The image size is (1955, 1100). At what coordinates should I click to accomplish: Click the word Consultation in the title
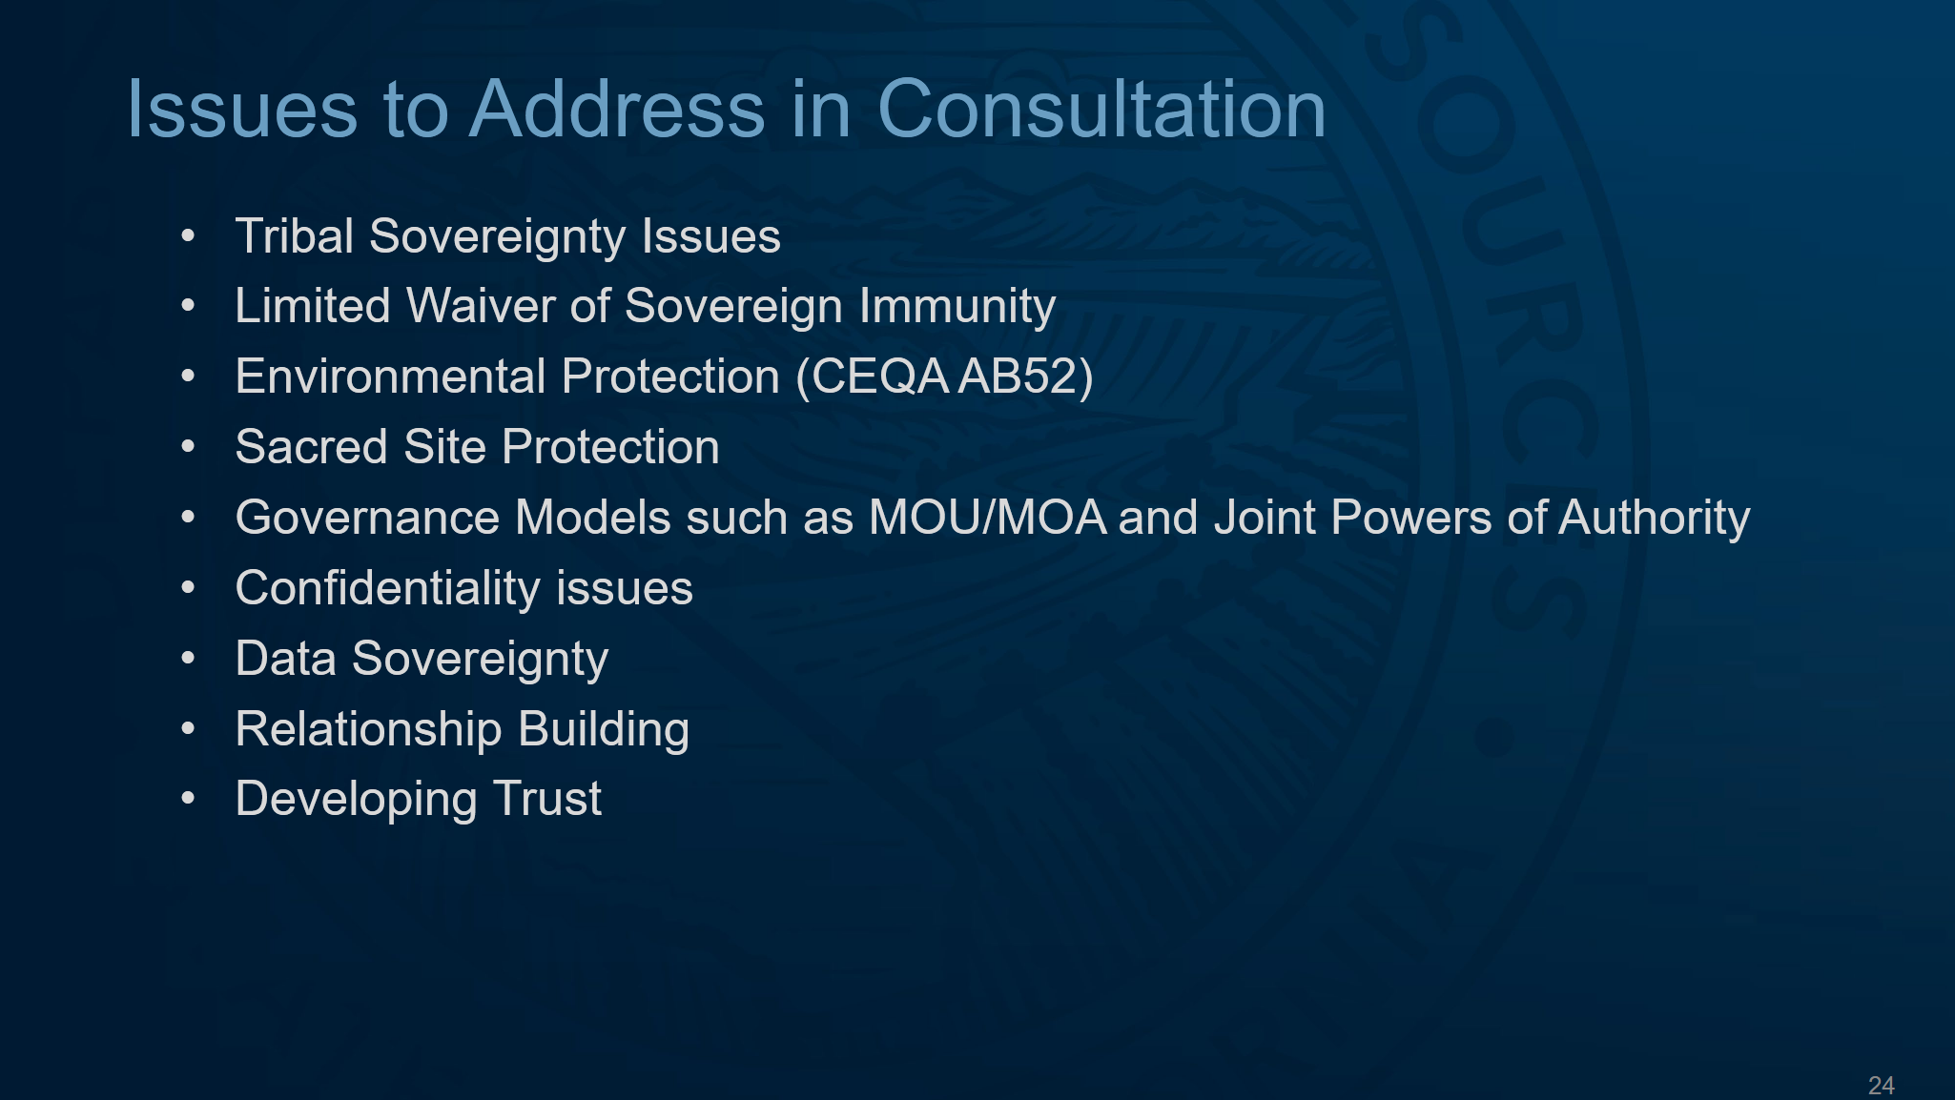coord(1101,109)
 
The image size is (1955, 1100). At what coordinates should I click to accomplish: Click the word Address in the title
coord(618,109)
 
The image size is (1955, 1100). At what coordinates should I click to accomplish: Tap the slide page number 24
coord(1882,1085)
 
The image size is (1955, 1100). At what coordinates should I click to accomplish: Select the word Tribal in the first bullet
coord(295,235)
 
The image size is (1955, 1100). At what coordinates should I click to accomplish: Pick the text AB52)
coord(1026,377)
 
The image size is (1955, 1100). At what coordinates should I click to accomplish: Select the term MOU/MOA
coord(988,518)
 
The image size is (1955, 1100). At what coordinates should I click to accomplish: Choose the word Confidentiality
coord(388,589)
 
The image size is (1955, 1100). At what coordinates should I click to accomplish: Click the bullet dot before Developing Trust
coord(188,800)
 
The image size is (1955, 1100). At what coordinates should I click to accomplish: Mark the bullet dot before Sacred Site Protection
coord(188,447)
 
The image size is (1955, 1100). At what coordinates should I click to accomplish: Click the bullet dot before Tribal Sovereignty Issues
coord(188,236)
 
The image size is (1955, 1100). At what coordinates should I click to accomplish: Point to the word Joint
coord(1265,518)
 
